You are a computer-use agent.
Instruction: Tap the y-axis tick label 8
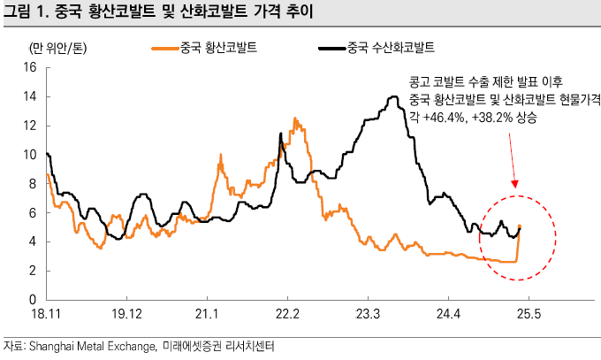pyautogui.click(x=32, y=184)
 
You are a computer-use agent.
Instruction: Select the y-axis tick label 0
pyautogui.click(x=32, y=300)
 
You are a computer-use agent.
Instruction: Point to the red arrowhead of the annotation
pyautogui.click(x=517, y=187)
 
